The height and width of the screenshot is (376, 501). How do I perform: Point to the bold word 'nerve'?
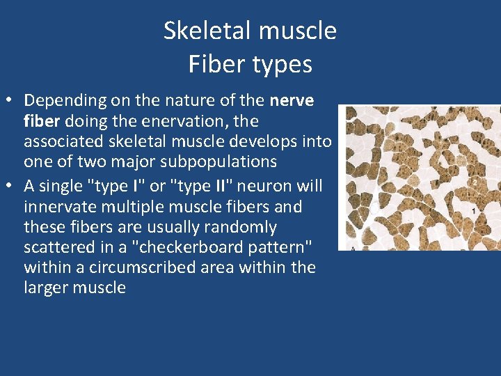pos(292,100)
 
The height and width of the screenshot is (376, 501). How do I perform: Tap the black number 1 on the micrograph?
pos(473,210)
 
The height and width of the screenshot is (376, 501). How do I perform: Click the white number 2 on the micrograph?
pos(474,182)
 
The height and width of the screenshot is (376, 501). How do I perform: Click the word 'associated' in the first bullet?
pos(65,141)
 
